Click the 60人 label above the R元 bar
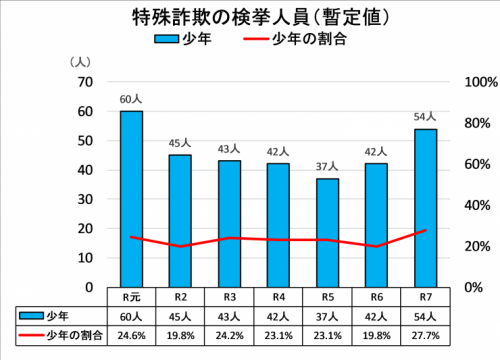coord(131,99)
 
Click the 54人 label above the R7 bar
coord(425,117)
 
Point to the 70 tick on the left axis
coord(85,82)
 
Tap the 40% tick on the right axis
coord(468,205)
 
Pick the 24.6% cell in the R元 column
coord(131,334)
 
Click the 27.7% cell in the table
coord(425,334)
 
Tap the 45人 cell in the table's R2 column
coord(180,315)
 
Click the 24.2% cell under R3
coord(228,334)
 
